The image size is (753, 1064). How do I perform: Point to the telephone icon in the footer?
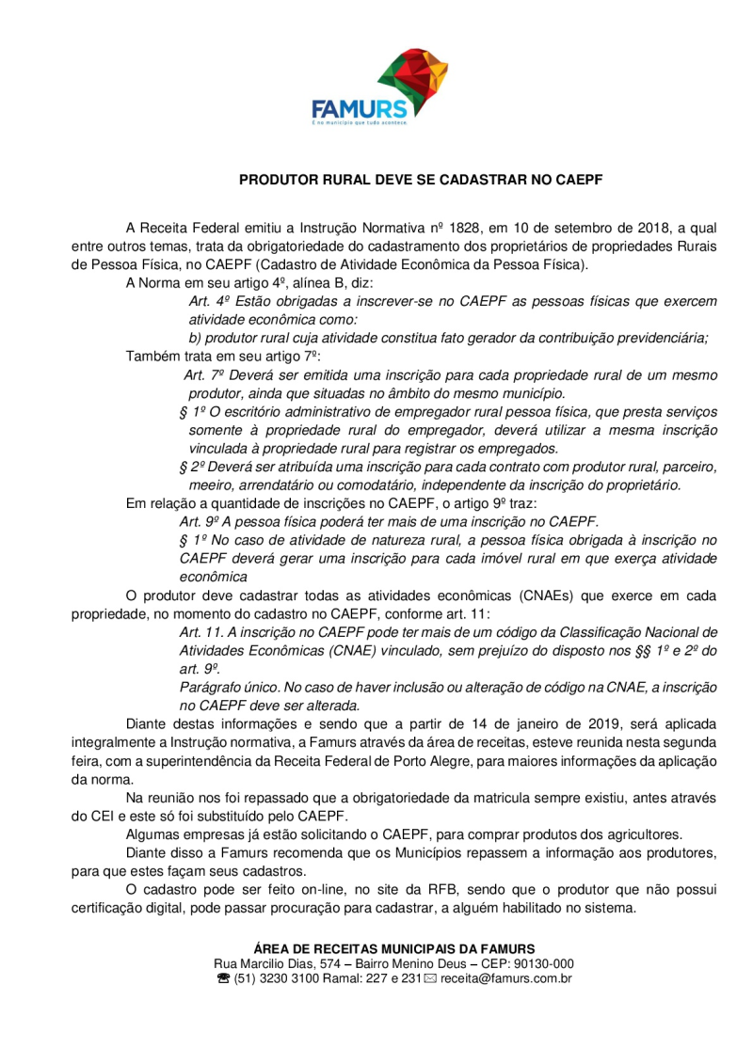pyautogui.click(x=223, y=979)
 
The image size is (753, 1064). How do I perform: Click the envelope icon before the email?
pyautogui.click(x=430, y=979)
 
